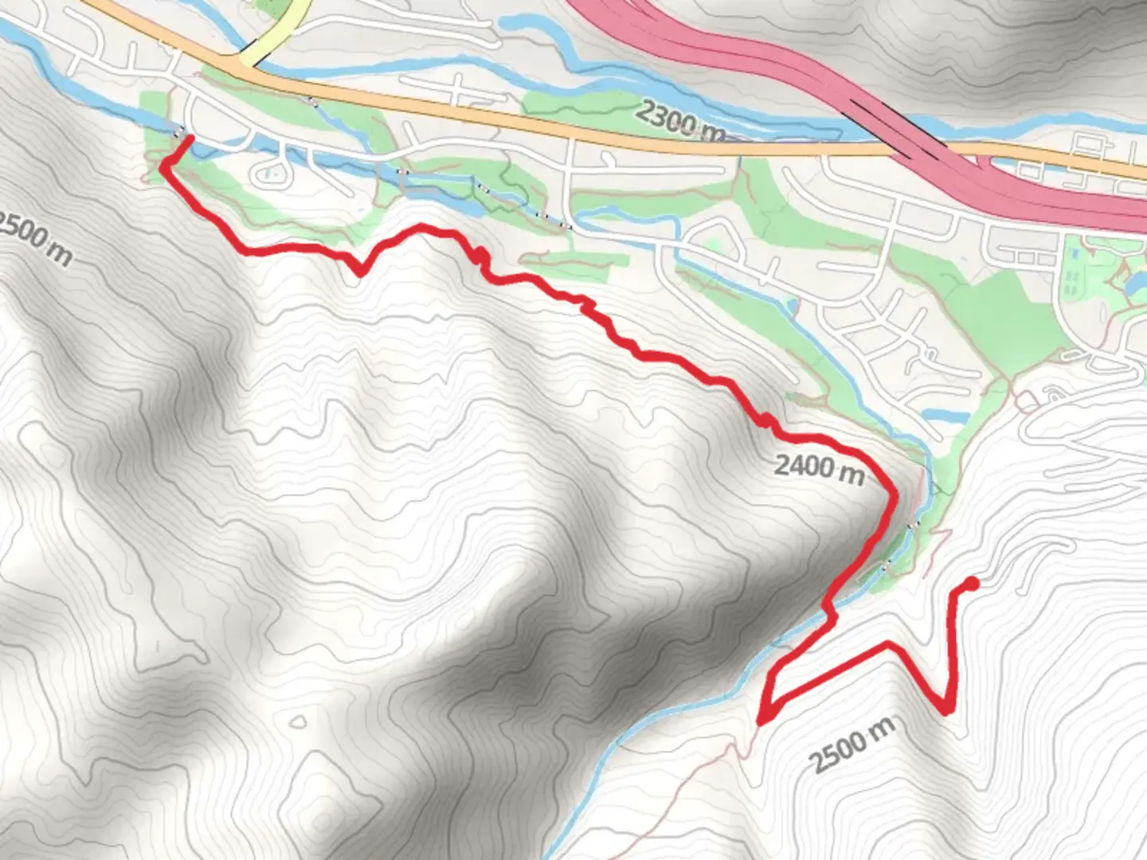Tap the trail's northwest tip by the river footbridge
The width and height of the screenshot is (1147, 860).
click(x=190, y=139)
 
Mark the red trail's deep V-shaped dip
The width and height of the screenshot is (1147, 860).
click(x=360, y=272)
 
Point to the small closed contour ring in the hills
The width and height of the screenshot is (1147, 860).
click(x=298, y=723)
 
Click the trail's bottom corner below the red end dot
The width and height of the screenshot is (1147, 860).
click(x=947, y=709)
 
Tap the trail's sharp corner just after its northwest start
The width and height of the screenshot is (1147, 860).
click(x=165, y=166)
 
